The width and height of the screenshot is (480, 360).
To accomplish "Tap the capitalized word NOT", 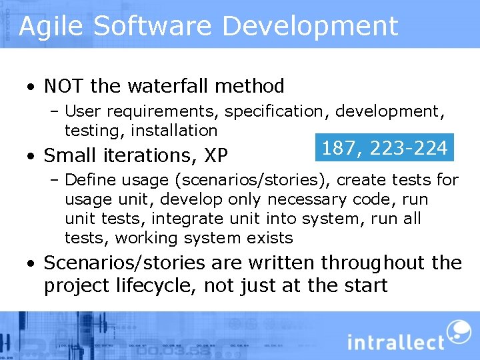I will click(x=65, y=86).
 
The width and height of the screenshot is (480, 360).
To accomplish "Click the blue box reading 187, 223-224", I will click(x=384, y=147).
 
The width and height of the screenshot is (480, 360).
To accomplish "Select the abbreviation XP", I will click(x=217, y=155).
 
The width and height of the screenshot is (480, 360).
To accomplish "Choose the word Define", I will click(x=89, y=179).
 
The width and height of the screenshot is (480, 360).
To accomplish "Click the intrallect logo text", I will click(x=395, y=341).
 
